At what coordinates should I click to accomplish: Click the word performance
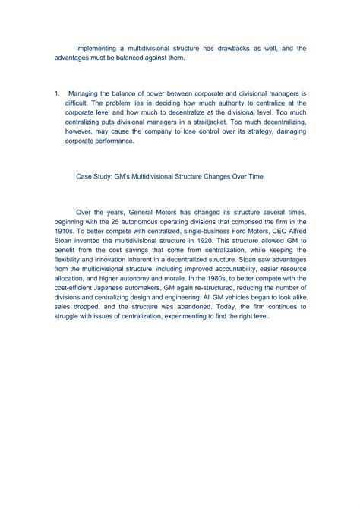click(112, 141)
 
